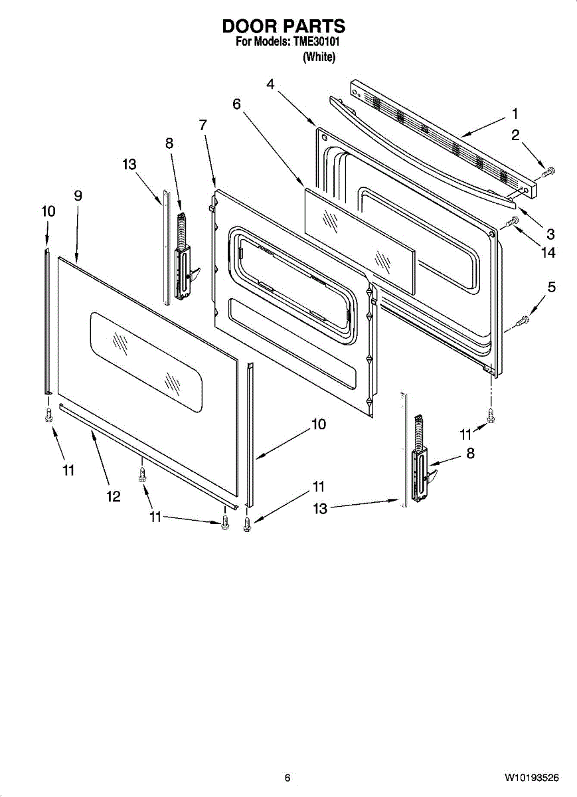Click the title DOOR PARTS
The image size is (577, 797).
pyautogui.click(x=284, y=27)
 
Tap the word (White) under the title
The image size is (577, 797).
pyautogui.click(x=319, y=57)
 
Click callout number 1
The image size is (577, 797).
pyautogui.click(x=515, y=114)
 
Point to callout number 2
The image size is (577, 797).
pyautogui.click(x=515, y=135)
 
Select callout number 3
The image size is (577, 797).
pyautogui.click(x=550, y=234)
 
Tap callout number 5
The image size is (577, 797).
pyautogui.click(x=551, y=288)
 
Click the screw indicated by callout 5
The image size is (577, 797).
pyautogui.click(x=523, y=321)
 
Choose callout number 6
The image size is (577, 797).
pyautogui.click(x=236, y=104)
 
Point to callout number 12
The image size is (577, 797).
pyautogui.click(x=114, y=495)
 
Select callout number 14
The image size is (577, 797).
pyautogui.click(x=548, y=252)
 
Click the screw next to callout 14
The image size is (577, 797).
pyautogui.click(x=512, y=222)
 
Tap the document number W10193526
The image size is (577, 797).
pyautogui.click(x=531, y=778)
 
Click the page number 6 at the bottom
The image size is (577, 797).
pyautogui.click(x=287, y=778)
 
